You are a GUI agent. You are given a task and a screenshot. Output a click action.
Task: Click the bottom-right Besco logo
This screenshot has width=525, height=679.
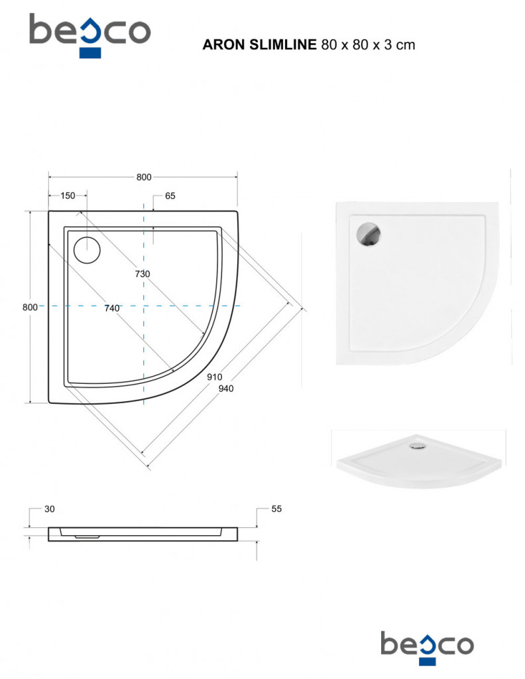pyautogui.click(x=427, y=648)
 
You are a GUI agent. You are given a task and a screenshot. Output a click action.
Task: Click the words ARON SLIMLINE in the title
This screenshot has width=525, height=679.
pyautogui.click(x=260, y=44)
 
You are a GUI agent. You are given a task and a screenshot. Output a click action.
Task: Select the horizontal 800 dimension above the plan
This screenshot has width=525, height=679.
pyautogui.click(x=144, y=177)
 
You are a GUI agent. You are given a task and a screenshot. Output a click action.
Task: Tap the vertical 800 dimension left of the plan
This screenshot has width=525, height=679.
pyautogui.click(x=30, y=307)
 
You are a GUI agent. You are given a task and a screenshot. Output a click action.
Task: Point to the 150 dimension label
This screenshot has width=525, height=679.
pyautogui.click(x=68, y=196)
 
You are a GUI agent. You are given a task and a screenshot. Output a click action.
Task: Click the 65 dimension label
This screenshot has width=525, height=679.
pyautogui.click(x=170, y=196)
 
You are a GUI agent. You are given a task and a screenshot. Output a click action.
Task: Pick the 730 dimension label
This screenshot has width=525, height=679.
pyautogui.click(x=143, y=274)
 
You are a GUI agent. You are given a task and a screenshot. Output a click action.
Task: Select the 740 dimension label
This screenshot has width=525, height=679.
pyautogui.click(x=111, y=308)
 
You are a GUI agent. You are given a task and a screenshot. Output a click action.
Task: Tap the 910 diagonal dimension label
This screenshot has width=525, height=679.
pyautogui.click(x=214, y=377)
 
